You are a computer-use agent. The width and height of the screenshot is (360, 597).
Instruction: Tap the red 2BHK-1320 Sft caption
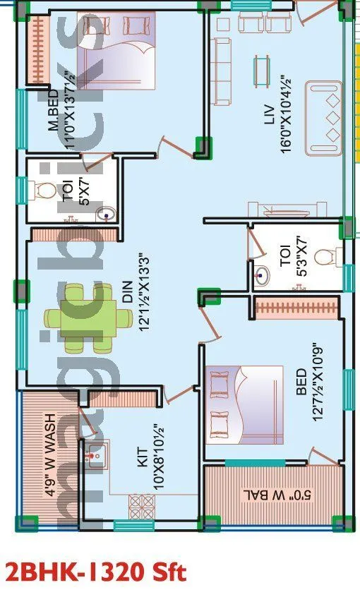pos(95,571)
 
